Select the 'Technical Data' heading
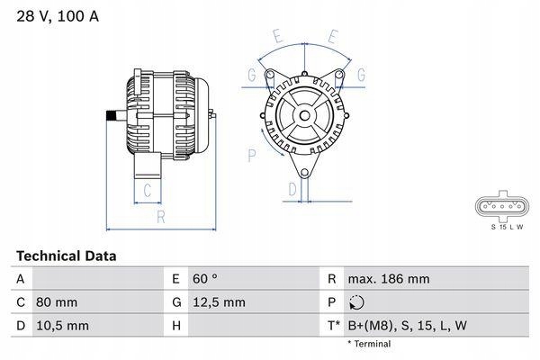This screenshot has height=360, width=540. [66, 256]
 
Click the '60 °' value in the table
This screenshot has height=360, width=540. [205, 280]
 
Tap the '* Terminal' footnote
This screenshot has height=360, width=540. [371, 344]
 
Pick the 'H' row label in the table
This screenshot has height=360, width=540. [175, 324]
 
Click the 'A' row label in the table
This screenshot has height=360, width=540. [20, 280]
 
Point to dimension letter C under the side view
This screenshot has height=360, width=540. [148, 189]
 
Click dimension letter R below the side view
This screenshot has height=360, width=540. [160, 217]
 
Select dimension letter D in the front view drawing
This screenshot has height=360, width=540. [292, 189]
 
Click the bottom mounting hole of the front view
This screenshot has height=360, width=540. [304, 171]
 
